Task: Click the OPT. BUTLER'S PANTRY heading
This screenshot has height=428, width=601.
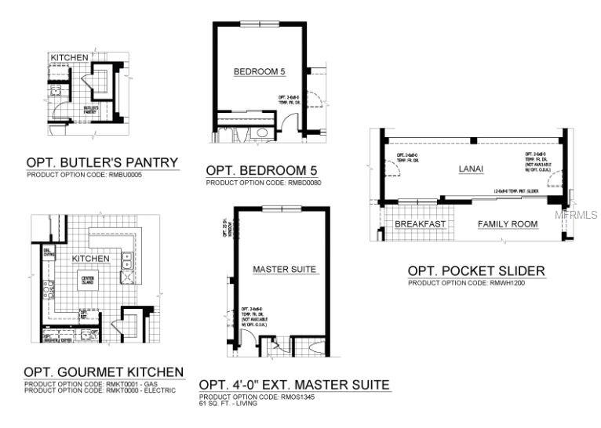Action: pyautogui.click(x=102, y=163)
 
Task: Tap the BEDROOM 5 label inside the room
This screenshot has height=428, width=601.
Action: pyautogui.click(x=259, y=72)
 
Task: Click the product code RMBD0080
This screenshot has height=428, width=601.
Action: pyautogui.click(x=264, y=183)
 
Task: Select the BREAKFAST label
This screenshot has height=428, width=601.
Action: pyautogui.click(x=420, y=224)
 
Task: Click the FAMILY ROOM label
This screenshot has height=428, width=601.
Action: pyautogui.click(x=508, y=224)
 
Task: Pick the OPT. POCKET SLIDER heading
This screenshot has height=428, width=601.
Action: pyautogui.click(x=475, y=271)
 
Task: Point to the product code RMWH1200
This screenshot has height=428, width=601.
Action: pyautogui.click(x=466, y=283)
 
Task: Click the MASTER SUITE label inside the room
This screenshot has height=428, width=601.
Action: pyautogui.click(x=284, y=270)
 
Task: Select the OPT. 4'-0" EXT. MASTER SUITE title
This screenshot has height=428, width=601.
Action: pyautogui.click(x=294, y=385)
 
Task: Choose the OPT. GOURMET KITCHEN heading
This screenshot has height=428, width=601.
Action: pyautogui.click(x=104, y=372)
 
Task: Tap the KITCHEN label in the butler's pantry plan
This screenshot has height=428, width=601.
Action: pyautogui.click(x=69, y=58)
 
